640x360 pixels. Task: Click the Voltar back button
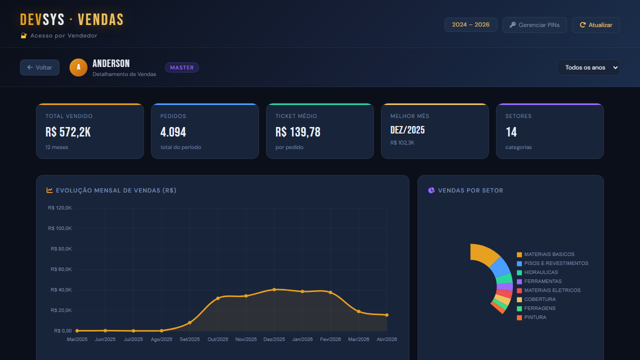point(39,67)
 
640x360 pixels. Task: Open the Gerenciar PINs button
point(534,25)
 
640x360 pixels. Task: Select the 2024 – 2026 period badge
point(471,24)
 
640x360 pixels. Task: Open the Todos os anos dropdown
point(588,67)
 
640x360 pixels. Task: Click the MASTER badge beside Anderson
point(182,67)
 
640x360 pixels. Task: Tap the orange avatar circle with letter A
point(78,67)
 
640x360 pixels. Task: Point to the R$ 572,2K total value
point(68,132)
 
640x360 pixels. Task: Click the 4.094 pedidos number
point(173,132)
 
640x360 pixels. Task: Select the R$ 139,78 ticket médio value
point(298,132)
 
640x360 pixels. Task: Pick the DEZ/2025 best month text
point(407,130)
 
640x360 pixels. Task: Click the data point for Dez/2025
point(274,289)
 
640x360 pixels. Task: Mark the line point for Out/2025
point(218,298)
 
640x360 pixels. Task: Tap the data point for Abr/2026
point(387,315)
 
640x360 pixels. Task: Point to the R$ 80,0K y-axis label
point(61,249)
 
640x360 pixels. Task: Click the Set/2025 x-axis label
point(189,339)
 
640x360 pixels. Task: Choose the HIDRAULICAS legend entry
point(537,272)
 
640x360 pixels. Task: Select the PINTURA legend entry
point(531,317)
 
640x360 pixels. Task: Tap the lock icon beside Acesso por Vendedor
point(23,35)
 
